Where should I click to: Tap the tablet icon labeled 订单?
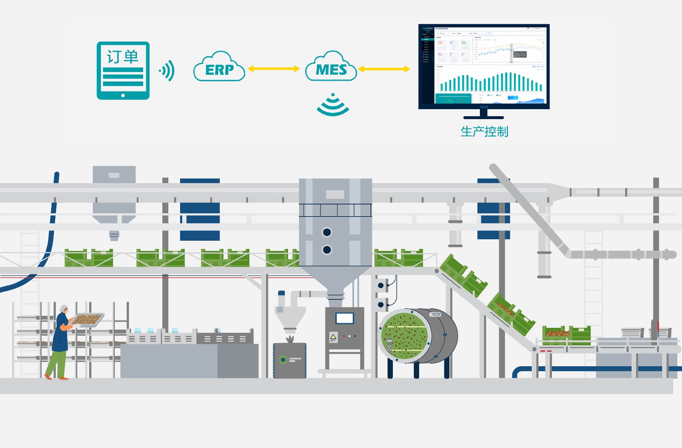tap(123, 70)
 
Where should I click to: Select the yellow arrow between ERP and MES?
tap(274, 69)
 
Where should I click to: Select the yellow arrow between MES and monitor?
tap(384, 69)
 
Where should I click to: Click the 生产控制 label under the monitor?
tap(484, 132)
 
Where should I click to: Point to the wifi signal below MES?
tap(333, 106)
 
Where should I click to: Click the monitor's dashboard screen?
tap(484, 66)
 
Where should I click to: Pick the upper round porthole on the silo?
tap(327, 232)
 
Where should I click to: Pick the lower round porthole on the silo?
tap(327, 250)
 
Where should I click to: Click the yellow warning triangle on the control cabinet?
tap(333, 337)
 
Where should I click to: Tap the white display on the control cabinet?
tap(345, 318)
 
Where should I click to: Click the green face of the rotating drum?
tap(404, 336)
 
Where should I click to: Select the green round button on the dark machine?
tap(283, 360)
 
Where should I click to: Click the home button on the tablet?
tap(123, 95)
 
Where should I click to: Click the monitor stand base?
tap(483, 117)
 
